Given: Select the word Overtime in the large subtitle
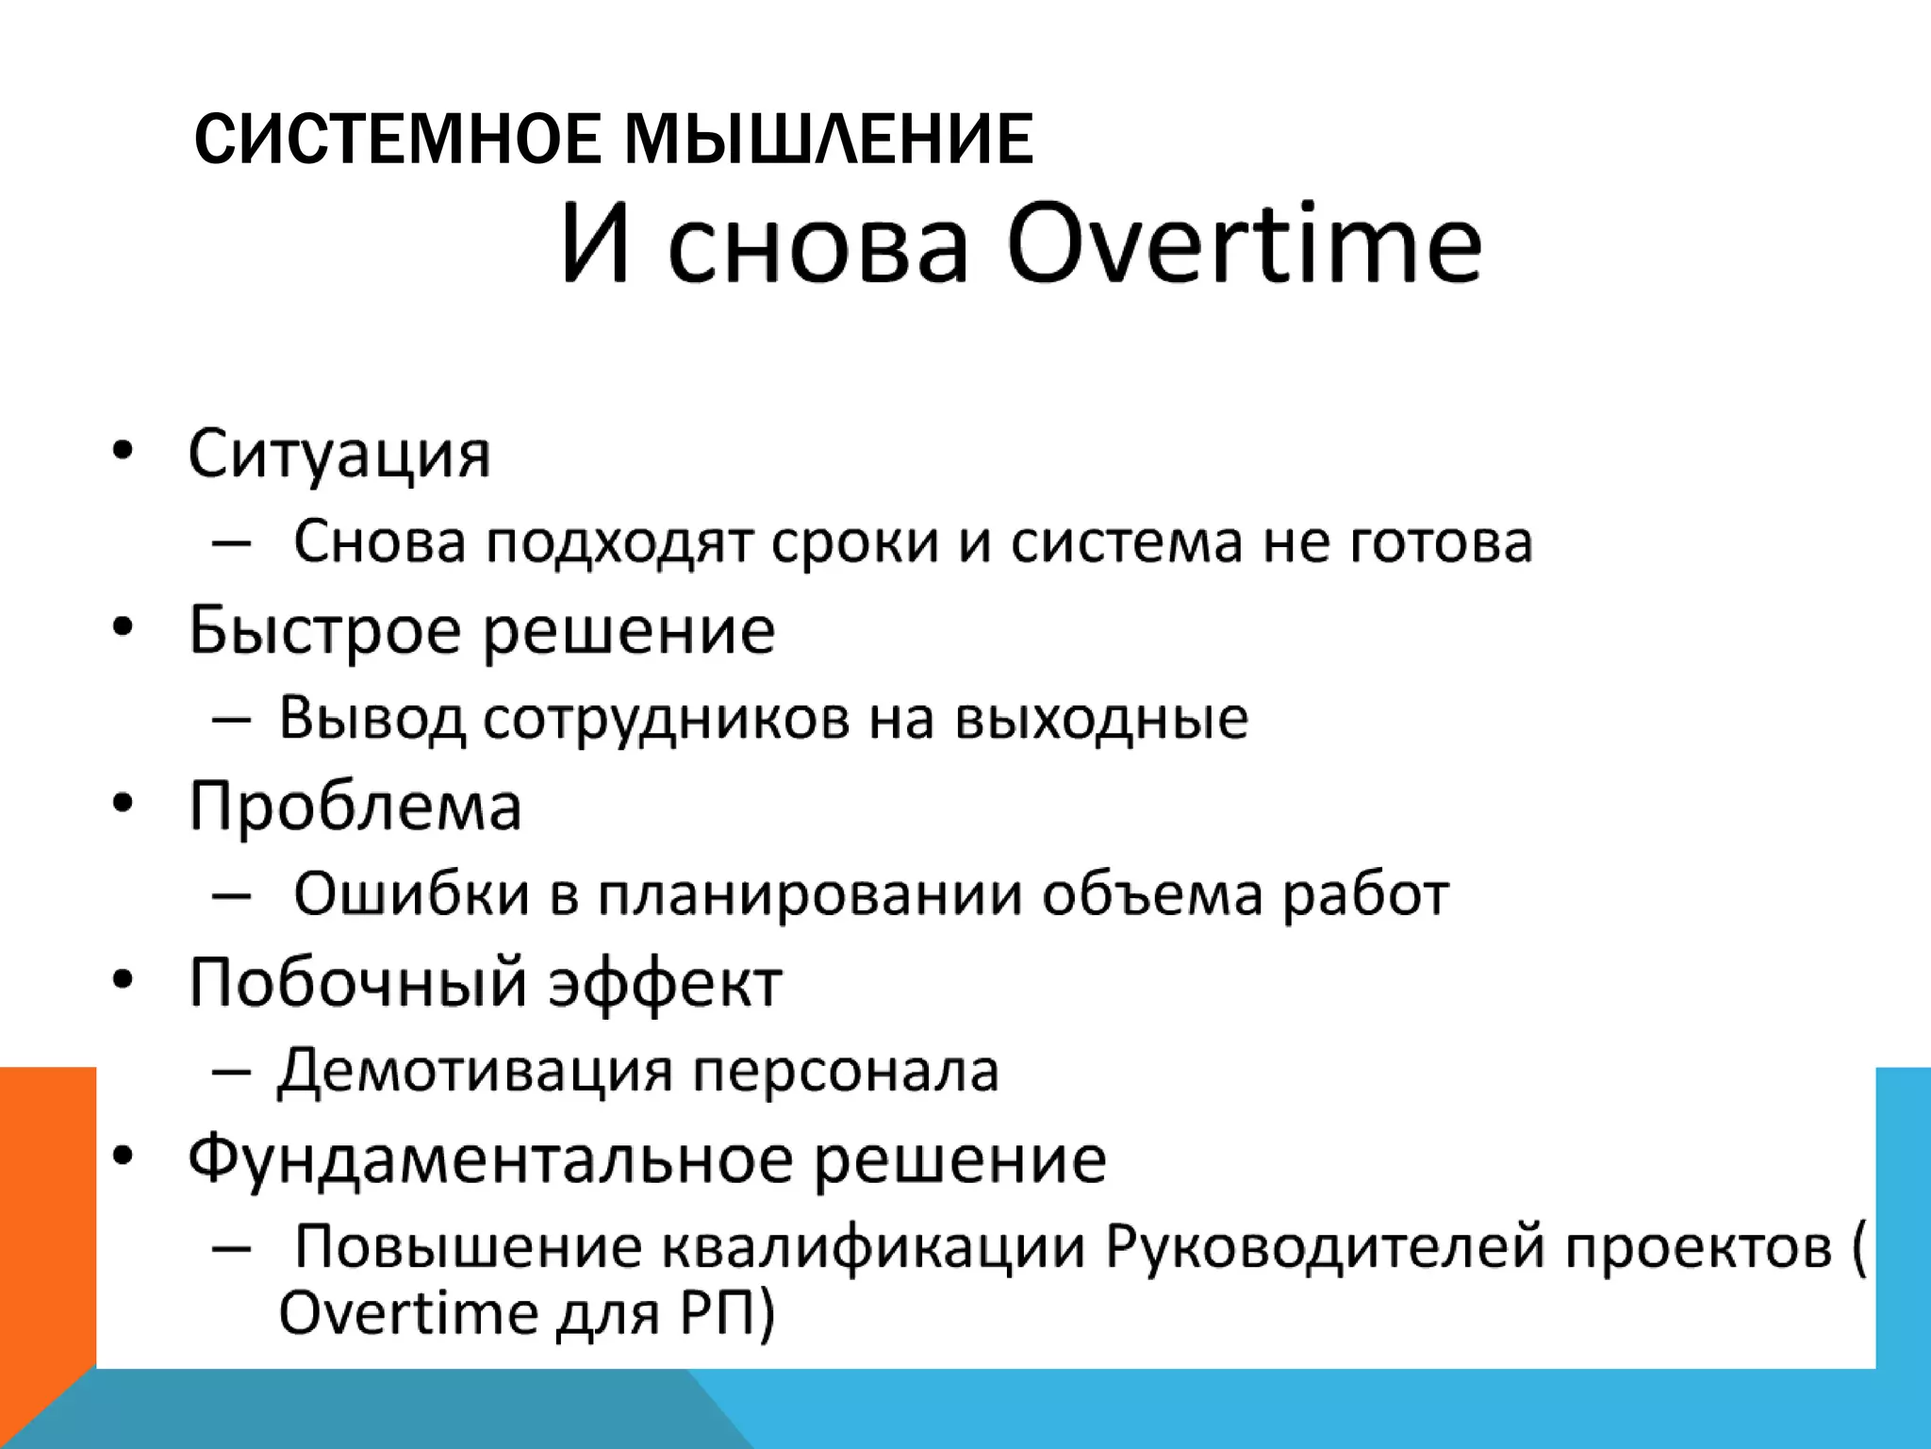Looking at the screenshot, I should pos(1245,243).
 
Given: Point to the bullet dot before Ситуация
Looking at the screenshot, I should pos(122,452).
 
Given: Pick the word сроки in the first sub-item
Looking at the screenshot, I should pos(854,542).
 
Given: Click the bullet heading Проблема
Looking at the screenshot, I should pos(355,807).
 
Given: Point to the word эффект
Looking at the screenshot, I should pos(666,983).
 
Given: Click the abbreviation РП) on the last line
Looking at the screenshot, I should pos(726,1313).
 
